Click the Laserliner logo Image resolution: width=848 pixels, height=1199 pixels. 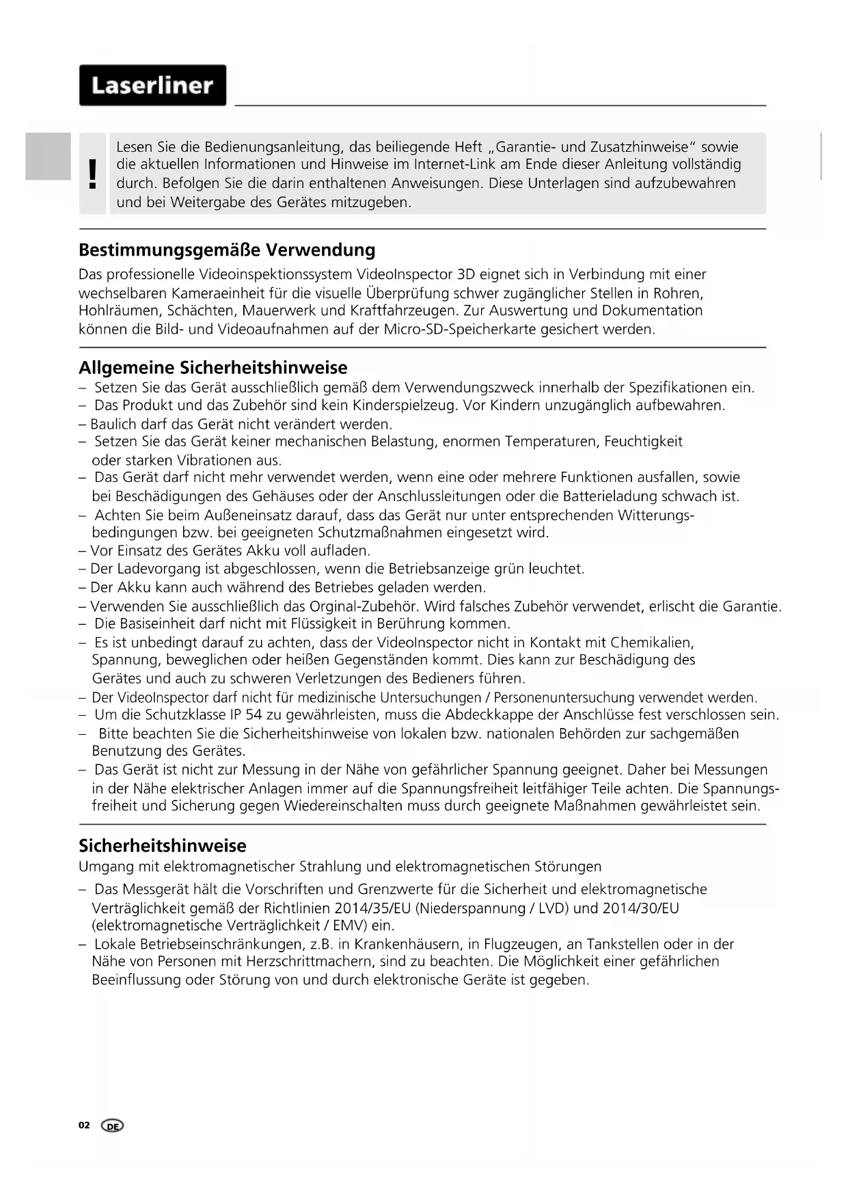pyautogui.click(x=152, y=85)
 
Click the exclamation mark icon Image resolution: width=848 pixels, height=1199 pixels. pyautogui.click(x=93, y=174)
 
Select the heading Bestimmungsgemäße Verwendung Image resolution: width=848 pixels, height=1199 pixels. pyautogui.click(x=227, y=250)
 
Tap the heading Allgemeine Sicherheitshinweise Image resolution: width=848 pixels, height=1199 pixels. pyautogui.click(x=213, y=368)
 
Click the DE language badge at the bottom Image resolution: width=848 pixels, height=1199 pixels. pyautogui.click(x=113, y=1126)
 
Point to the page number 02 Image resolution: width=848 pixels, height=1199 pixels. pyautogui.click(x=84, y=1125)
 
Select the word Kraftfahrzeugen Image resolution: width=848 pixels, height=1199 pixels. pyautogui.click(x=402, y=311)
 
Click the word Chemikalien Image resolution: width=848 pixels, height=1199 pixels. pyautogui.click(x=652, y=643)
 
